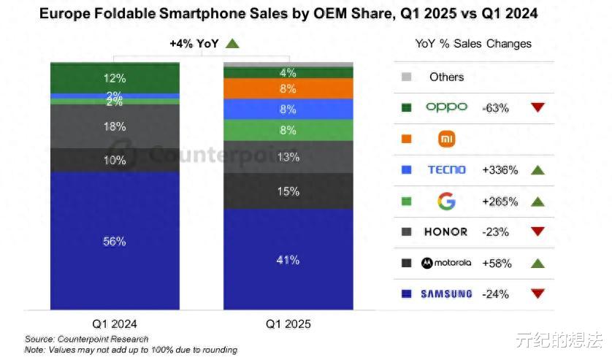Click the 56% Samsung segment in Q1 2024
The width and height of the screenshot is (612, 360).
click(x=115, y=241)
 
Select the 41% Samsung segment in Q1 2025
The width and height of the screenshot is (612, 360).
click(x=288, y=259)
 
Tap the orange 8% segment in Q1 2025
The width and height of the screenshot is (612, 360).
click(x=288, y=88)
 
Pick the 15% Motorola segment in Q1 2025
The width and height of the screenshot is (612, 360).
click(x=288, y=191)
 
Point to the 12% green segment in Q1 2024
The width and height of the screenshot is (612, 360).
click(x=115, y=78)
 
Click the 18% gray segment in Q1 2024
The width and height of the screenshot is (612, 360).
click(x=115, y=126)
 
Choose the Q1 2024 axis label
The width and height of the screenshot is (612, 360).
click(x=115, y=323)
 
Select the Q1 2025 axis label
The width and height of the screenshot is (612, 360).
click(x=288, y=323)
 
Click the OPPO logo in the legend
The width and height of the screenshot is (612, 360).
click(x=446, y=107)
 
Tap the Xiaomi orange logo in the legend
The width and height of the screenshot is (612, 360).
click(x=446, y=138)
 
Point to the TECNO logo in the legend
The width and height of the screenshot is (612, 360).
click(x=446, y=169)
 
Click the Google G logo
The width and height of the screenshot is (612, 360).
click(x=446, y=201)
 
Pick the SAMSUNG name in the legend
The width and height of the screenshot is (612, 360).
click(x=446, y=294)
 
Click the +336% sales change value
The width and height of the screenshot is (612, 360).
click(x=500, y=170)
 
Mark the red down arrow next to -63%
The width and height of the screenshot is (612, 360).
click(x=538, y=107)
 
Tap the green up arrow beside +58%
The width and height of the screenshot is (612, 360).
click(x=538, y=264)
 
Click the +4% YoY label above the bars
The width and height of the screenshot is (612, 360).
click(x=194, y=44)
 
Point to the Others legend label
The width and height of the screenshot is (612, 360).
click(x=446, y=77)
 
